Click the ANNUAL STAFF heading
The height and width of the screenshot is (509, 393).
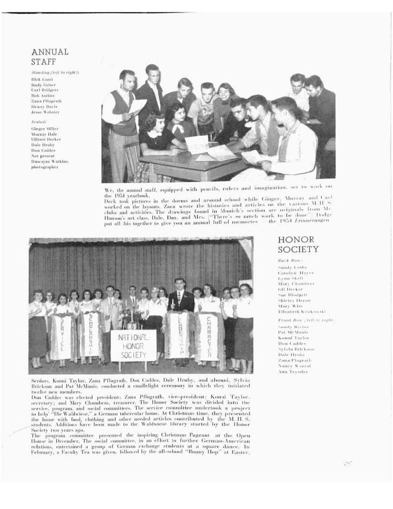pos(50,56)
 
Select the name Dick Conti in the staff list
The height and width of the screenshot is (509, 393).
pos(42,80)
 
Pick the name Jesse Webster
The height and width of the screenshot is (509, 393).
pos(45,112)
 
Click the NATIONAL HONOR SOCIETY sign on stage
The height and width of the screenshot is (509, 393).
pos(133,346)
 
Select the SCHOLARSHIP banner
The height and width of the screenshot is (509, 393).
pos(89,334)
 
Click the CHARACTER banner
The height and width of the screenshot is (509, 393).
pos(208,335)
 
